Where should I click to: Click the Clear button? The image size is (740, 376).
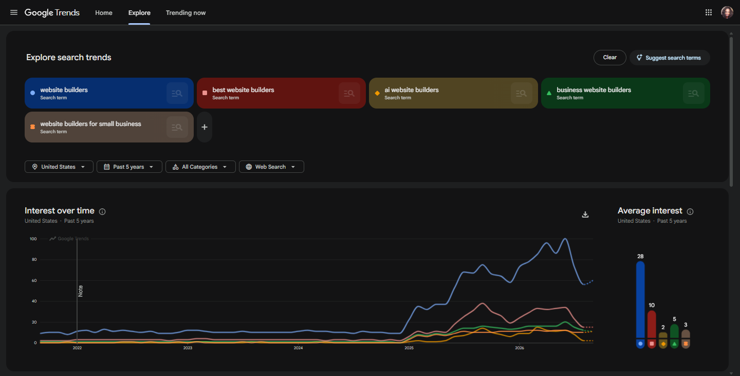click(609, 58)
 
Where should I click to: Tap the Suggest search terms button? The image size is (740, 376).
click(669, 58)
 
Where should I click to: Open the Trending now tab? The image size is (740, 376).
click(186, 12)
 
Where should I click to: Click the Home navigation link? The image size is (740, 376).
click(104, 12)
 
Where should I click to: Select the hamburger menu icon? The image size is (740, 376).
click(13, 12)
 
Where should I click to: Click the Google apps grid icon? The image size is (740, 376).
click(709, 12)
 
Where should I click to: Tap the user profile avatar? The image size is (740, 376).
click(727, 12)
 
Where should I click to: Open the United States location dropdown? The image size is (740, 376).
click(59, 167)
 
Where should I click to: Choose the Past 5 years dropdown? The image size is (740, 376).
click(129, 167)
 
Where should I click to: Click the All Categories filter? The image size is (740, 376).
click(200, 167)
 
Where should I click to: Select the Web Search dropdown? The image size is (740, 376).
click(271, 167)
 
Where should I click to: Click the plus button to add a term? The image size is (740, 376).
click(205, 127)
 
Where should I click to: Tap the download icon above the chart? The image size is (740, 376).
click(585, 214)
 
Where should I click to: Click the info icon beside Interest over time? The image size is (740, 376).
click(102, 211)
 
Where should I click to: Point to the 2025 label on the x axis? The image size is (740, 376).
click(409, 348)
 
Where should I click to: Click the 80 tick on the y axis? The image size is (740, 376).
click(34, 260)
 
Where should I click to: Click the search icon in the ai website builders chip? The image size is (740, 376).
click(521, 93)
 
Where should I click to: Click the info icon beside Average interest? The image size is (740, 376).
click(690, 211)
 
